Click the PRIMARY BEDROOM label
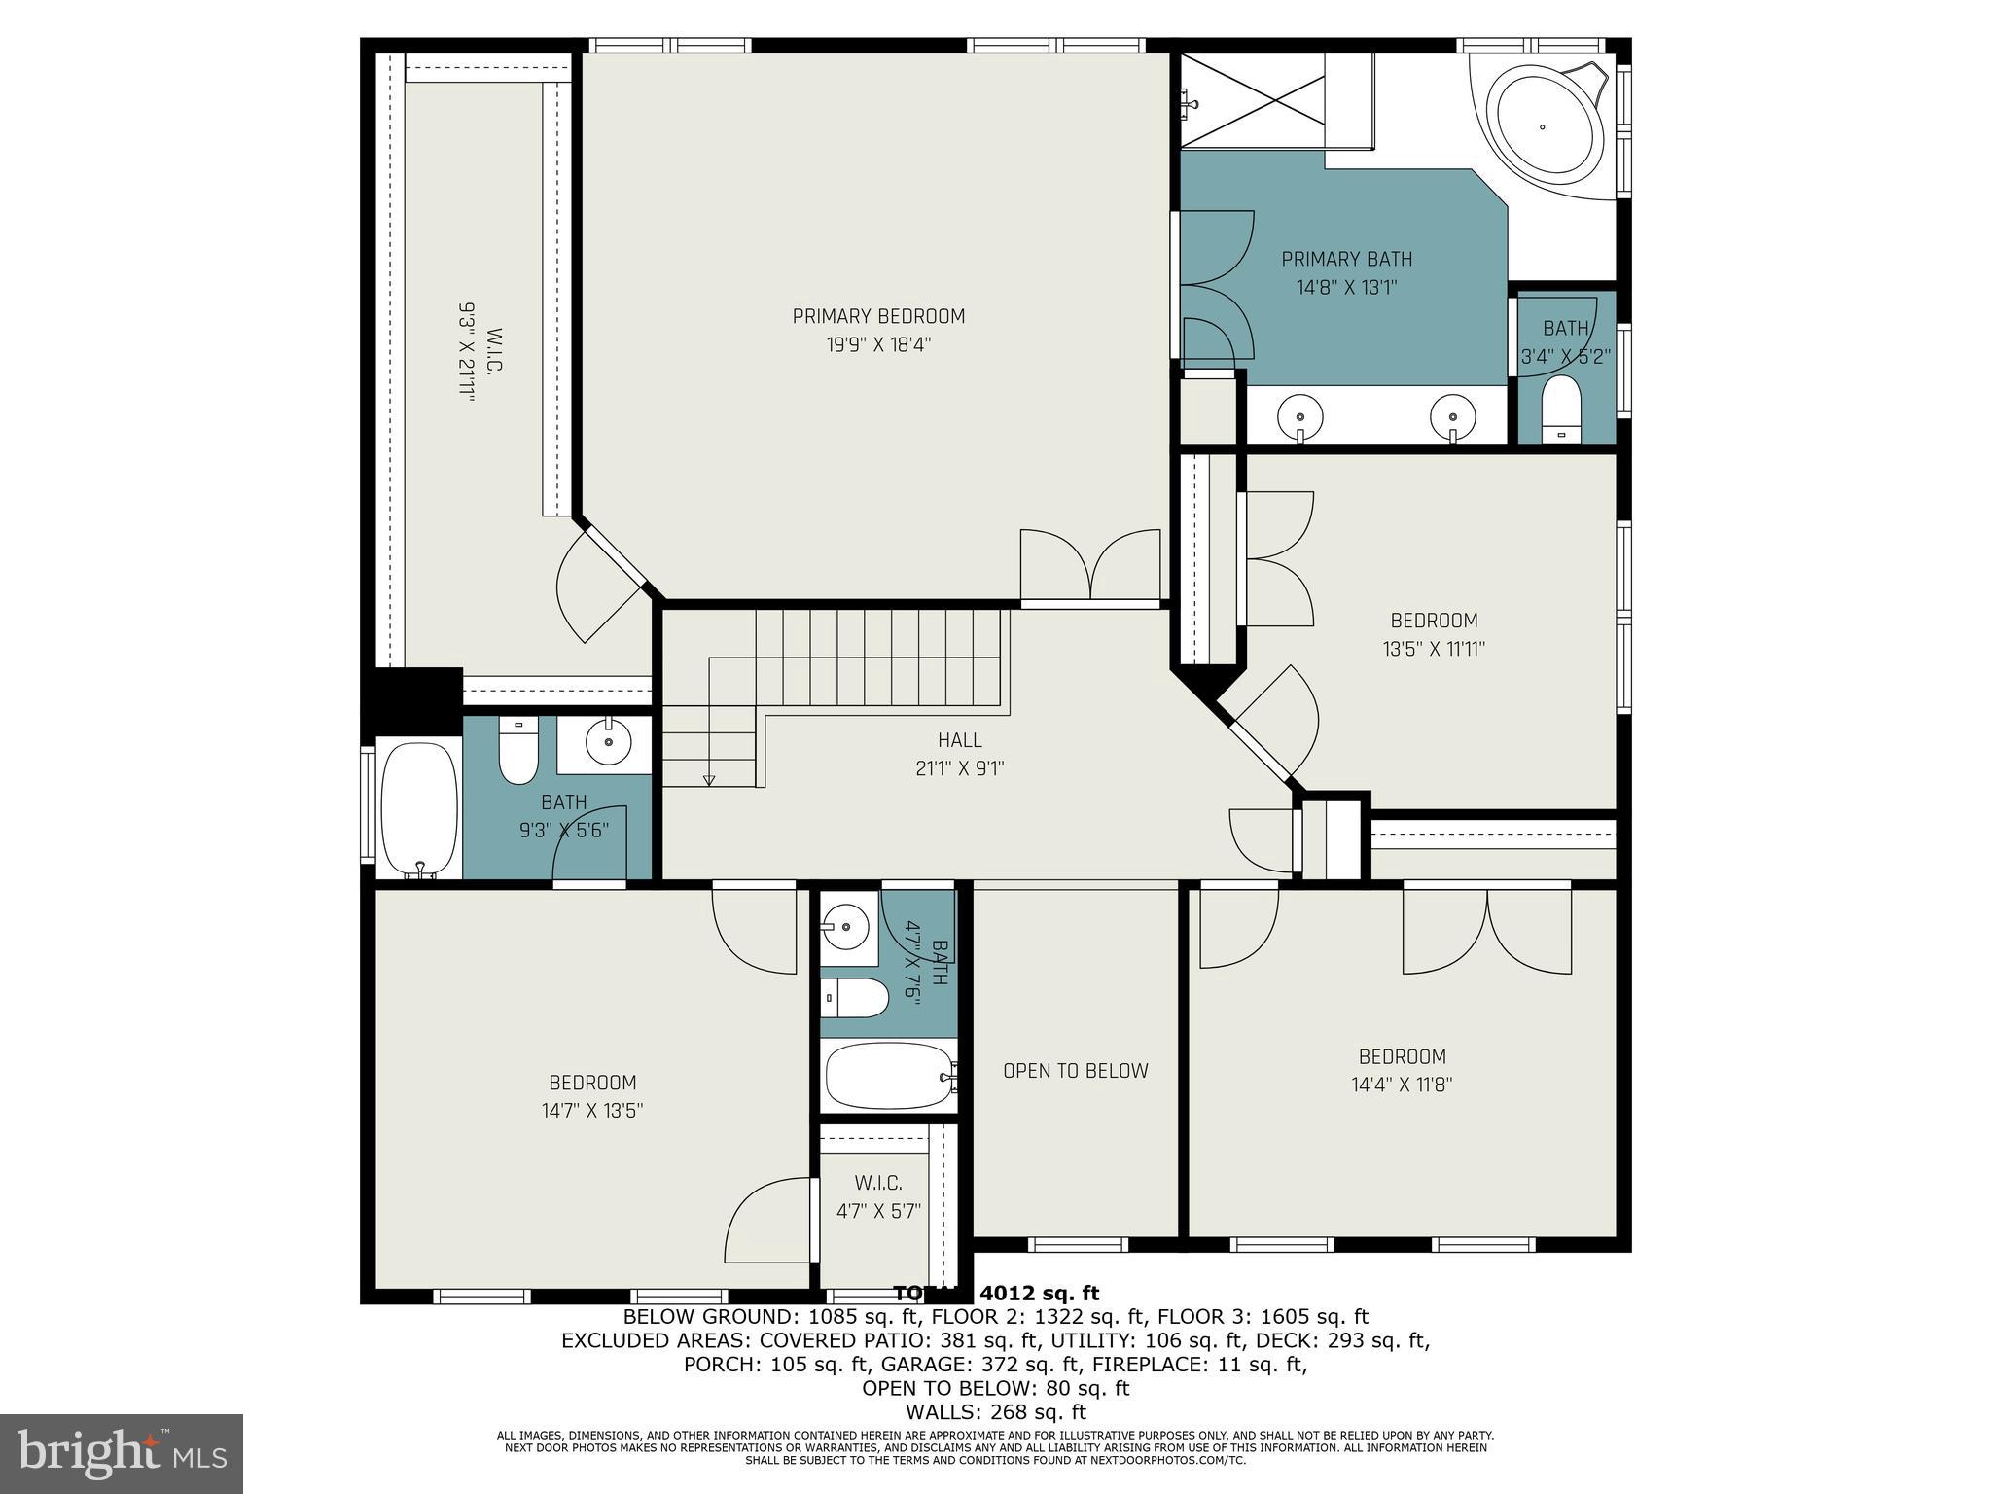878,316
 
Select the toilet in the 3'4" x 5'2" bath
1562,409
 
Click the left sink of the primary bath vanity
1301,416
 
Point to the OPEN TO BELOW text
1076,1071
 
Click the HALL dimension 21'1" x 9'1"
959,768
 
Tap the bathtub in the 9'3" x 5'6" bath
419,807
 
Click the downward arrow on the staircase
709,778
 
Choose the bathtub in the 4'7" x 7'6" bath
887,1076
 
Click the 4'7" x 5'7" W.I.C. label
878,1197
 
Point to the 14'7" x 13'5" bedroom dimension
592,1111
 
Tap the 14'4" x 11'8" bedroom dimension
1402,1085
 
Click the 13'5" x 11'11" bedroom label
1434,634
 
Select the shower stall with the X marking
1253,101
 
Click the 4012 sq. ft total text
1038,1294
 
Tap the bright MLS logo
122,1453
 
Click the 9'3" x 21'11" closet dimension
468,352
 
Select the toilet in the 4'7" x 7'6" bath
855,997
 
